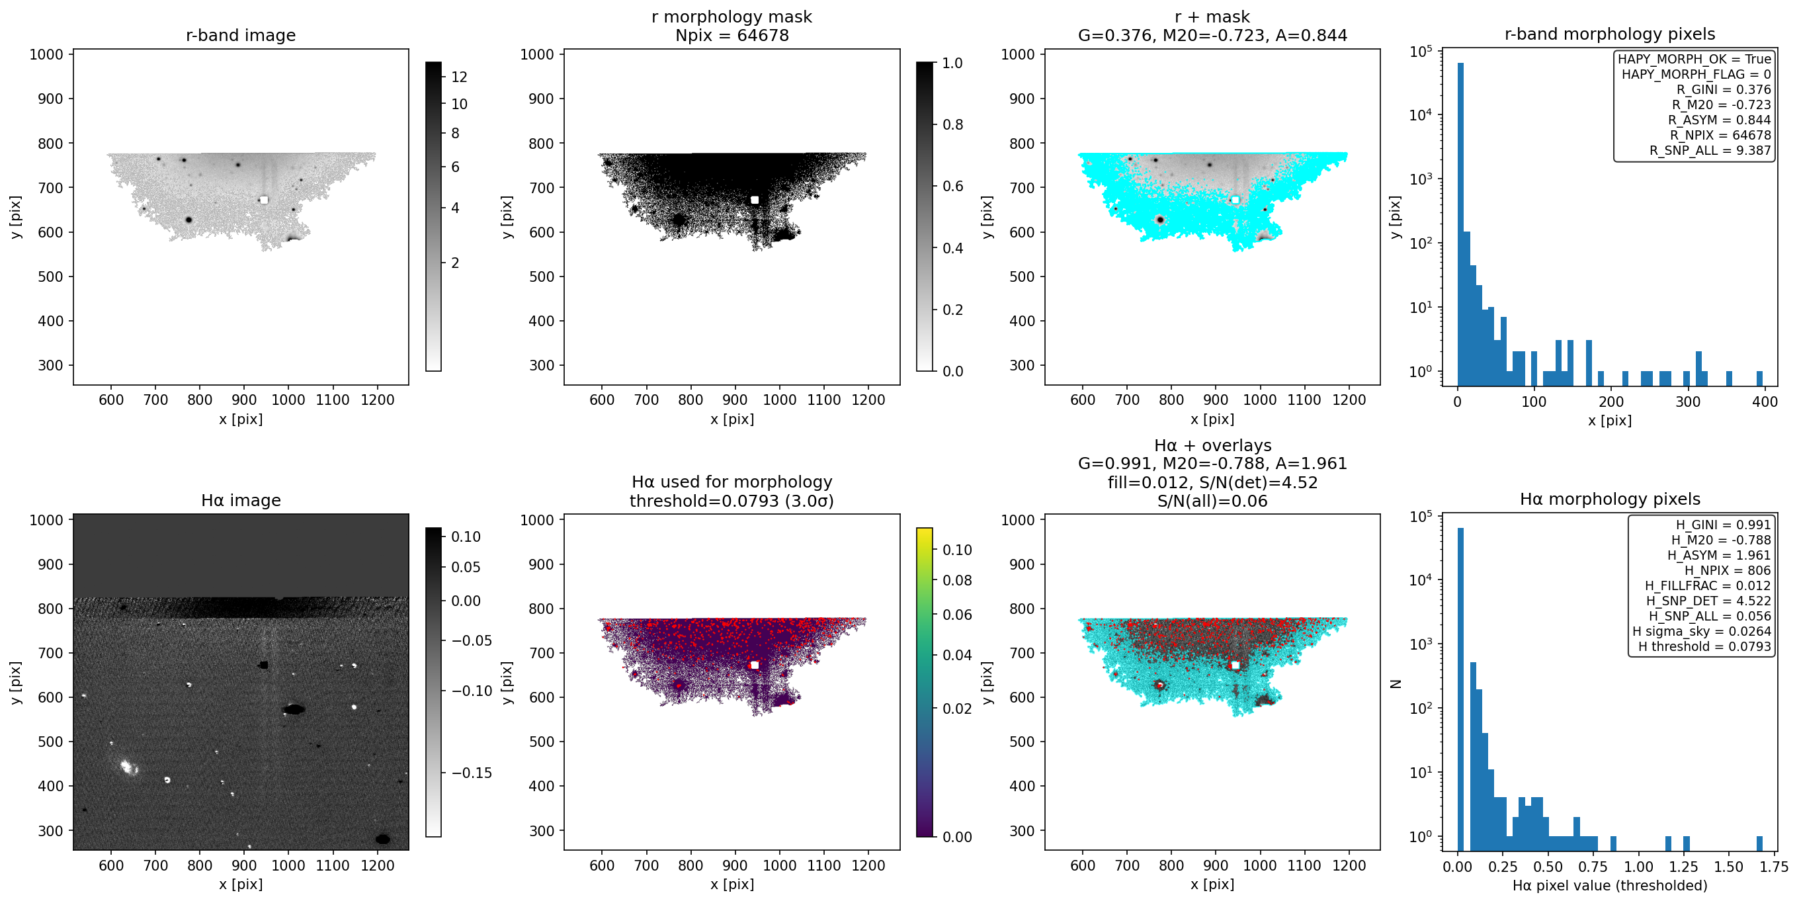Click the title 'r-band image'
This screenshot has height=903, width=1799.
[240, 35]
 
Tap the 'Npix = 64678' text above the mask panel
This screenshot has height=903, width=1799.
[732, 35]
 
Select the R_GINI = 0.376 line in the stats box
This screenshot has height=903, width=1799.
[1724, 89]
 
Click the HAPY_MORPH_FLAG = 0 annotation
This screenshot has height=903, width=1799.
[1696, 74]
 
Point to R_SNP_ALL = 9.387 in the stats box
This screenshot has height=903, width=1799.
[1710, 150]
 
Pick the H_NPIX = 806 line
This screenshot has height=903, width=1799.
[1728, 570]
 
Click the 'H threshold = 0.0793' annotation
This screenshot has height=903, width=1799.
[1704, 647]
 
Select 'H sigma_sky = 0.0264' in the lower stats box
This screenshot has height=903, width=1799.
[1701, 631]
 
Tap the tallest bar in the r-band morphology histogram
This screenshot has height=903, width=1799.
[1460, 224]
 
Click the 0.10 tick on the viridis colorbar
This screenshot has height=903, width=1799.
[958, 550]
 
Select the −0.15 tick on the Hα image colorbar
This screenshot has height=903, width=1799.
[472, 773]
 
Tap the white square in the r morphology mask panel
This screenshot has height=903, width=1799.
[754, 200]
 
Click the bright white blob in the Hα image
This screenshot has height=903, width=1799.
[127, 767]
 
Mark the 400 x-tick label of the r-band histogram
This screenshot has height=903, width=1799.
[1765, 402]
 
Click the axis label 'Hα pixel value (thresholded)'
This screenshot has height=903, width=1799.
[1610, 886]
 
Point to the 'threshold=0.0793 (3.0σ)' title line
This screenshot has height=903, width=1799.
[732, 501]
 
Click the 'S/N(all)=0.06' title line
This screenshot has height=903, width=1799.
[1212, 501]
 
